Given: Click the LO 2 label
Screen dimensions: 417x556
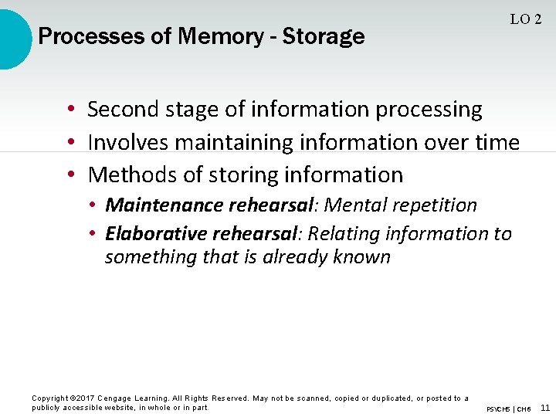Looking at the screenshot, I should click(x=526, y=19).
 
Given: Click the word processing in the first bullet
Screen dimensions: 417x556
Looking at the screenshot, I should click(x=429, y=110).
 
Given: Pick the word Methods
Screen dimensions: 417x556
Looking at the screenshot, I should click(x=130, y=175).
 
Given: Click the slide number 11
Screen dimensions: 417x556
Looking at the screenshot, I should click(x=545, y=408).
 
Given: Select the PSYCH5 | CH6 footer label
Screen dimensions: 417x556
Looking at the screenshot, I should click(x=508, y=409).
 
